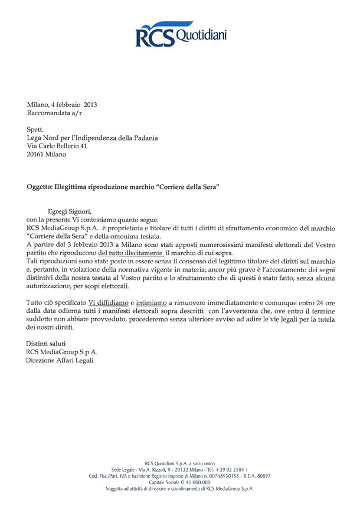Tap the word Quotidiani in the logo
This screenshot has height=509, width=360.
tap(198, 34)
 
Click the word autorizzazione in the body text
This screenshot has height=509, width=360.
tap(54, 286)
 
